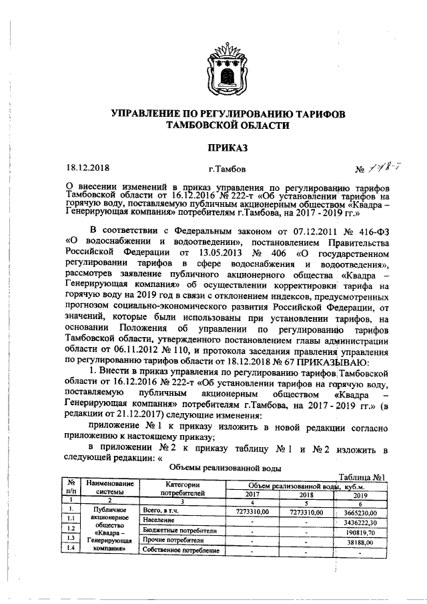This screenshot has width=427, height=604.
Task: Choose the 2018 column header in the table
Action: pyautogui.click(x=306, y=496)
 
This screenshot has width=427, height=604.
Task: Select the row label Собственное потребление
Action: pyautogui.click(x=181, y=551)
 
